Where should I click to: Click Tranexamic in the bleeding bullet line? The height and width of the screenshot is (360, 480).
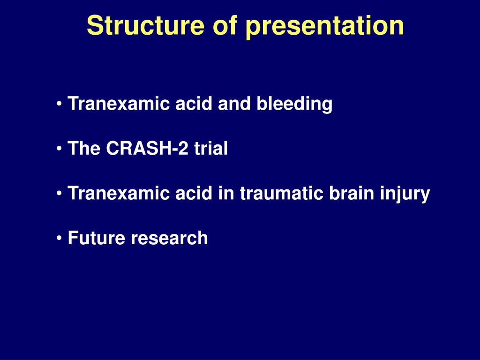click(x=119, y=104)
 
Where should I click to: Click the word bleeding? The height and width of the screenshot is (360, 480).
click(x=294, y=104)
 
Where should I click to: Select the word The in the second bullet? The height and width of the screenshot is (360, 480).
click(x=84, y=149)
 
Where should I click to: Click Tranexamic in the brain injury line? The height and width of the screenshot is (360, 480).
click(x=119, y=194)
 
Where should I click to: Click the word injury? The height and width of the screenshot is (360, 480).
click(x=407, y=194)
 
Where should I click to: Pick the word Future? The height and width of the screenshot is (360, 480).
click(x=97, y=238)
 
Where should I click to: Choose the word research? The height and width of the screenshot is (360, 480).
click(x=169, y=238)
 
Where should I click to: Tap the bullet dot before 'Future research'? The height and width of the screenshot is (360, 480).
click(x=60, y=238)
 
